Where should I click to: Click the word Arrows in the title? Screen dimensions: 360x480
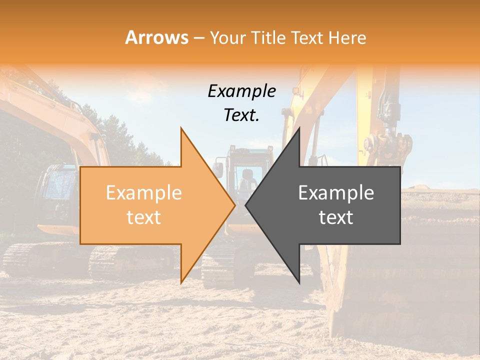[x=157, y=37]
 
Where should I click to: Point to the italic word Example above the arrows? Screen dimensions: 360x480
[x=241, y=91]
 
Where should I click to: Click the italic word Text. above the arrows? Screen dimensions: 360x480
[x=241, y=115]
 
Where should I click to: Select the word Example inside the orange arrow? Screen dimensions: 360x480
[x=144, y=193]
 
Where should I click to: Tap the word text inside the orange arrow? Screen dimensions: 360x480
[x=144, y=217]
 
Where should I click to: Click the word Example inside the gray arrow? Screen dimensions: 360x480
[x=336, y=193]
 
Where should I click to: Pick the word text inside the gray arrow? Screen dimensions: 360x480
[x=336, y=217]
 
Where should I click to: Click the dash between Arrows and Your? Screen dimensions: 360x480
[x=198, y=38]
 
